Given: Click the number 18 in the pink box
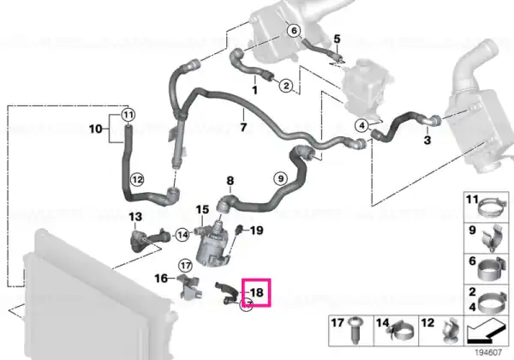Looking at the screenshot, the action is click(257, 291).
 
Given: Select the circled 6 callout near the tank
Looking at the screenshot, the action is click(294, 31).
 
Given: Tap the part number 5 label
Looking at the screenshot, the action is click(337, 39).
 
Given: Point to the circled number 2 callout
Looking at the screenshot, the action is click(286, 87).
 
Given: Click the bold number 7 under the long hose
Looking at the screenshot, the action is click(243, 127).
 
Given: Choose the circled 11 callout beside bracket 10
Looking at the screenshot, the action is click(128, 115).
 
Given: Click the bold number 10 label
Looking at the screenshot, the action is click(96, 129).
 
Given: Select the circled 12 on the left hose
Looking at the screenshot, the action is click(137, 180).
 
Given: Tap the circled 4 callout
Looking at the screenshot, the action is click(362, 125).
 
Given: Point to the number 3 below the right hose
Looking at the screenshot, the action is click(427, 141).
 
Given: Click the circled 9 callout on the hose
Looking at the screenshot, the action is click(281, 178).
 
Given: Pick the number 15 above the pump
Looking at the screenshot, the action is click(202, 210).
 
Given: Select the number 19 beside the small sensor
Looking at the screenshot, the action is click(257, 231).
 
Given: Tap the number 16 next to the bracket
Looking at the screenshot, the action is click(161, 279).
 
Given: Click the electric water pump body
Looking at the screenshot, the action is click(211, 244).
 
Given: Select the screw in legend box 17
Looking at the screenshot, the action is click(354, 331).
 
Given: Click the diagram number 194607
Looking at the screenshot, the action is click(489, 352).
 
